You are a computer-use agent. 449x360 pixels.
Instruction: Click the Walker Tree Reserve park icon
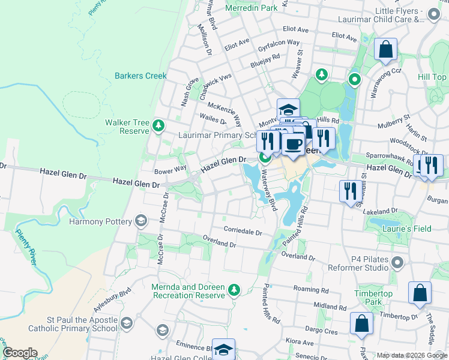tap(158, 125)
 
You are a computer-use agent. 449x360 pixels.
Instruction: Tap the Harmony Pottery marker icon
tap(141, 221)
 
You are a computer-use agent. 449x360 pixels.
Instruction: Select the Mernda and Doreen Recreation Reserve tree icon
tap(234, 291)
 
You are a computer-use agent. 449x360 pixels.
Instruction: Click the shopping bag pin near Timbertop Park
tap(420, 293)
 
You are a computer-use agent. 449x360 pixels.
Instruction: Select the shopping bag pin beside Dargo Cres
tap(361, 324)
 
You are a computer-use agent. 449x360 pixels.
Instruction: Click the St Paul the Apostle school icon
tap(126, 324)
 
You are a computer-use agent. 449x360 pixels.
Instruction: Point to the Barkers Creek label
tap(140, 76)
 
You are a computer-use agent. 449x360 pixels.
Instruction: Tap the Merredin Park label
tap(252, 8)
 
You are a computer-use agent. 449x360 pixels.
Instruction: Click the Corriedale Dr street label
tap(243, 232)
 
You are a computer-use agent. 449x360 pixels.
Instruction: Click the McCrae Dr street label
tap(161, 229)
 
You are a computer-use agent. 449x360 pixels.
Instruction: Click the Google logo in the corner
tap(19, 353)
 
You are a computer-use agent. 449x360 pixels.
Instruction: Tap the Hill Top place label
tap(432, 77)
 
